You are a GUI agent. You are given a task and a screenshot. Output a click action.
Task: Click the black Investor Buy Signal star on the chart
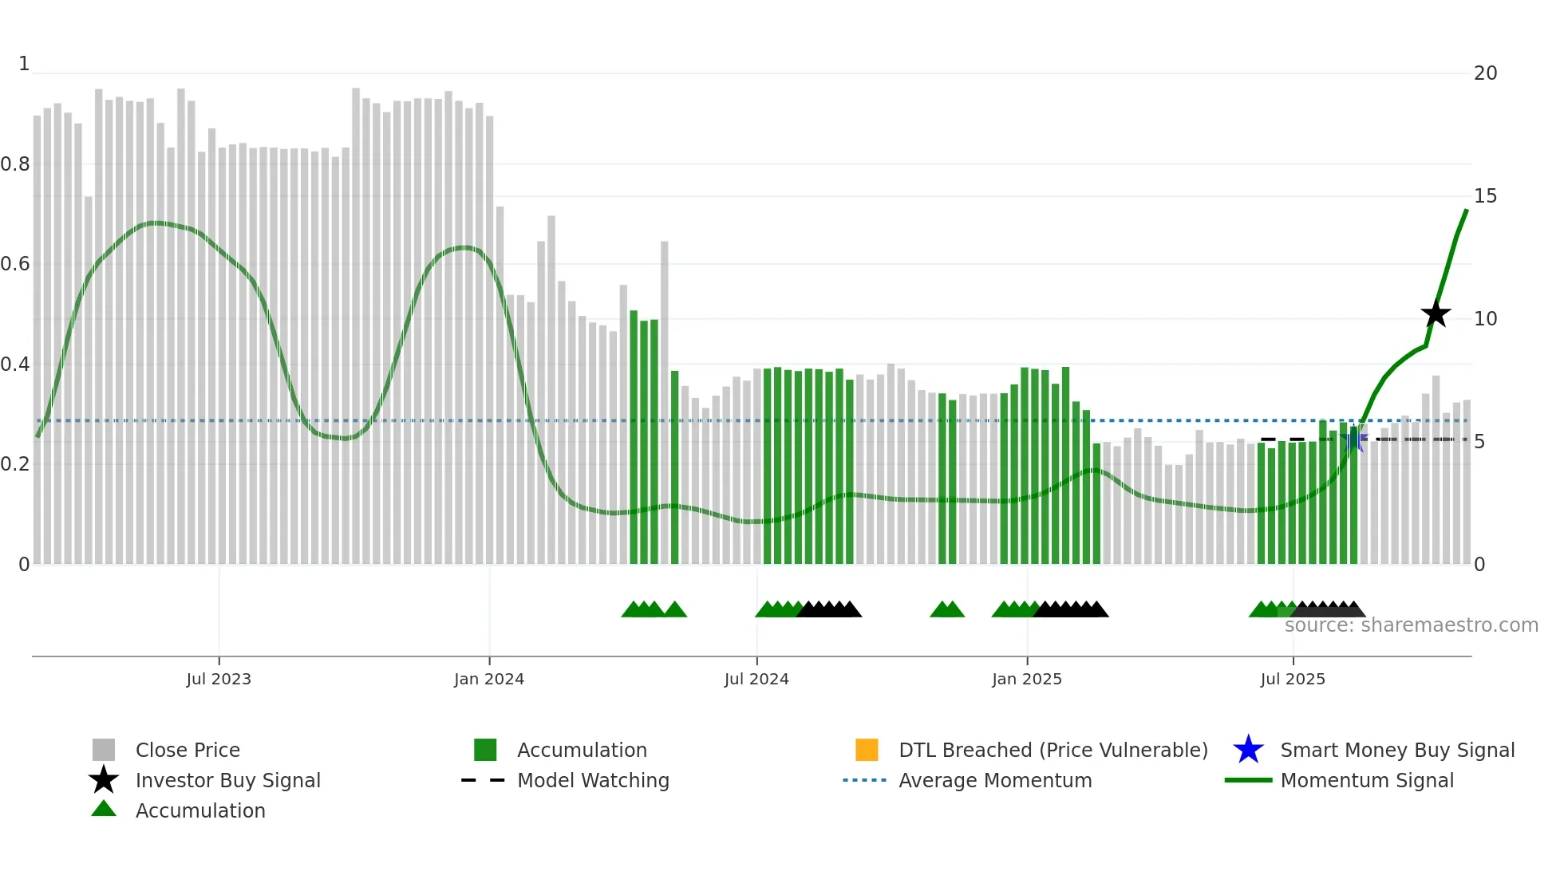coord(1436,314)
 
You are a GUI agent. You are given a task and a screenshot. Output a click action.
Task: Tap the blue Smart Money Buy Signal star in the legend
coord(1248,750)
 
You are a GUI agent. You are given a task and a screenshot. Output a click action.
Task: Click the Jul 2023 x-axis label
coord(219,679)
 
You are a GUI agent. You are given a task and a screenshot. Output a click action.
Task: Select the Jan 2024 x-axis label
coord(489,679)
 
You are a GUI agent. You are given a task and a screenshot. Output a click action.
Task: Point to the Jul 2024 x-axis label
coord(756,679)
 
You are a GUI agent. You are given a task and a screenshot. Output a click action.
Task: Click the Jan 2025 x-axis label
coord(1027,679)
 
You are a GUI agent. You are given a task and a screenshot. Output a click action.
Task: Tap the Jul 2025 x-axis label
coord(1293,679)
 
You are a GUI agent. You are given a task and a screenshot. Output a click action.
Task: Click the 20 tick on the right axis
coord(1485,73)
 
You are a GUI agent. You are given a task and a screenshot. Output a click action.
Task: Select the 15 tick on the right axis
coord(1485,196)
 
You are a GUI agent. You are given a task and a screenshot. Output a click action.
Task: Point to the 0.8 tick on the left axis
coord(16,164)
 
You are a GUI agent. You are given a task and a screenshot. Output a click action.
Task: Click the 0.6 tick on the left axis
coord(16,264)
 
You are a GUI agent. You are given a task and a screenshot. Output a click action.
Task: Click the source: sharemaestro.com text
coord(1411,625)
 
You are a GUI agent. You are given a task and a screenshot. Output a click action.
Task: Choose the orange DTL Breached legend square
coord(867,750)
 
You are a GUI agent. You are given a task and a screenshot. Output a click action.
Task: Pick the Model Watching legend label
coord(593,780)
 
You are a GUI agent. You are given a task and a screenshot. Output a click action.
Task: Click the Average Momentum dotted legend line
coord(864,780)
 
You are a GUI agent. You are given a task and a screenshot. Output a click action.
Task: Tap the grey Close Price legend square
coord(104,750)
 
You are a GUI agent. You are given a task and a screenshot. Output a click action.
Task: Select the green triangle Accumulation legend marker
coord(104,809)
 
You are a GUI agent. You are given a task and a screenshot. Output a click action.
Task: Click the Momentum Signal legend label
coord(1367,780)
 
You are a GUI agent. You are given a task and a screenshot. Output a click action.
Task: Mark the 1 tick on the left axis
coord(24,64)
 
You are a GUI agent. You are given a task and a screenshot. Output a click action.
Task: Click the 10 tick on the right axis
coord(1485,319)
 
